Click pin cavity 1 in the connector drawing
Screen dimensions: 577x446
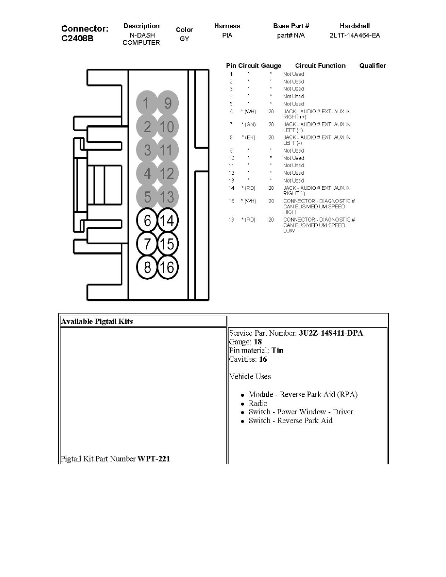(147, 103)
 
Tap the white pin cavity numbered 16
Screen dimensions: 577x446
(168, 267)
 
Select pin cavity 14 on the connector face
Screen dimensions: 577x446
(168, 221)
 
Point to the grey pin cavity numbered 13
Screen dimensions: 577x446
(168, 198)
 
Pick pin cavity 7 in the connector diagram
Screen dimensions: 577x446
(147, 244)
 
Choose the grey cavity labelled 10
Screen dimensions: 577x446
(168, 127)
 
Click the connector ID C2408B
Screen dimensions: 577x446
(78, 38)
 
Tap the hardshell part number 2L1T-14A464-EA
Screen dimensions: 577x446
(355, 36)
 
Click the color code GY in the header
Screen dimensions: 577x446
(184, 39)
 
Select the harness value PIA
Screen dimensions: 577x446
(227, 36)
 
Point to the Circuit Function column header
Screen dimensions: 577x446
(320, 66)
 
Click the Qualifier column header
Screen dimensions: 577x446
(372, 66)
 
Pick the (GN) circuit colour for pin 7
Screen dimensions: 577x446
(249, 125)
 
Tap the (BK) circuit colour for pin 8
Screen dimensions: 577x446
(249, 138)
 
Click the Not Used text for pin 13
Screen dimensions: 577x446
(293, 181)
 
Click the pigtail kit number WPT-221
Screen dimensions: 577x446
(154, 458)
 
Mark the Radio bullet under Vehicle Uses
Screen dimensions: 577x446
(258, 403)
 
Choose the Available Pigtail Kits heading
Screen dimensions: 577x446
(97, 321)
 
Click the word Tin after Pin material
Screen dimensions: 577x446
(277, 351)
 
